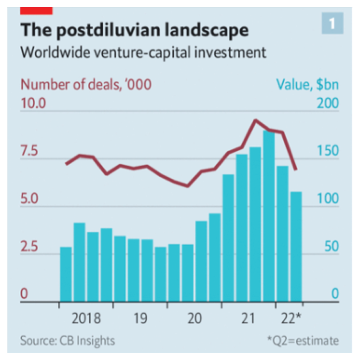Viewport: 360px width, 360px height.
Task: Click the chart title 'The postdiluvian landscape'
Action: pos(134,31)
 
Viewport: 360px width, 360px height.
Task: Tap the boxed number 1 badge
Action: pos(333,24)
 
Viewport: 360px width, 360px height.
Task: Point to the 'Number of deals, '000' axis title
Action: pos(86,84)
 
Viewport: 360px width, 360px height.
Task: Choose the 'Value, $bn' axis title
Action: pos(308,84)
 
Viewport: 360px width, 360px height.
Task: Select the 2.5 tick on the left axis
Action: pos(30,247)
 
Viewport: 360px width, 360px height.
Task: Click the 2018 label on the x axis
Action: pos(86,319)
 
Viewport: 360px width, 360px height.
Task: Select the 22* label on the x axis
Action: pos(291,319)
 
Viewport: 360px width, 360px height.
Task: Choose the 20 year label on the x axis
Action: pos(194,319)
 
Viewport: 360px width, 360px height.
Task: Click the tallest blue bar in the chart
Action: pos(269,216)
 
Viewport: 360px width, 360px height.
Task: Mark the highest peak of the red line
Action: pos(255,120)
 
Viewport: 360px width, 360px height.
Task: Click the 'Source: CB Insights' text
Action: pos(68,341)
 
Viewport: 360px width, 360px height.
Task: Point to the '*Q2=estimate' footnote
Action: pos(302,341)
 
